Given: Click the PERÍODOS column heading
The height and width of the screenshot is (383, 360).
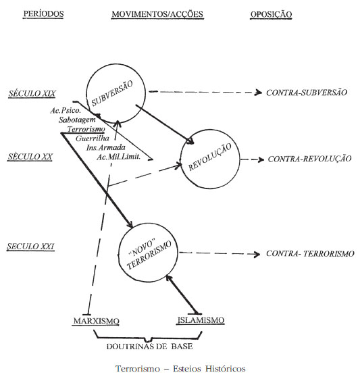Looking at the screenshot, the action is [x=43, y=14].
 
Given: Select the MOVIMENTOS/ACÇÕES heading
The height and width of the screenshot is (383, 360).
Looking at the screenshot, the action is [x=157, y=14].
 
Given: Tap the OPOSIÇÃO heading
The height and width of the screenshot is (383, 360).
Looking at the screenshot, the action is [x=271, y=14].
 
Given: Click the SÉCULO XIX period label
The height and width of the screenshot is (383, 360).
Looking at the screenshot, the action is [x=32, y=93].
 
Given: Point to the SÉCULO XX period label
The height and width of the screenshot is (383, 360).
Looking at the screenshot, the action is [x=30, y=156].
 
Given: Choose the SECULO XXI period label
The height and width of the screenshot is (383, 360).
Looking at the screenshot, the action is [x=30, y=246].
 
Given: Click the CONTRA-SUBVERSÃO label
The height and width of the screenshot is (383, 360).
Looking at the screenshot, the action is [x=307, y=93].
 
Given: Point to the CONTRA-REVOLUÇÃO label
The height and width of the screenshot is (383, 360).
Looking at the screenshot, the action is [x=309, y=159].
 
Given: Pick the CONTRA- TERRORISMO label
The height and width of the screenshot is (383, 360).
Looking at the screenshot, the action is [x=310, y=253].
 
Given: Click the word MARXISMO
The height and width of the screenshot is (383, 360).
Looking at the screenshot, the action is [x=97, y=321].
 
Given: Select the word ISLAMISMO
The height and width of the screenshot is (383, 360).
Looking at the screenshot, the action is [x=201, y=320].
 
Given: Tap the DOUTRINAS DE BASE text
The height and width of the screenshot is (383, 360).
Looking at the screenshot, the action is [x=149, y=347].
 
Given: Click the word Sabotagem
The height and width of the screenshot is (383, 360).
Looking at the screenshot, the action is [x=77, y=120].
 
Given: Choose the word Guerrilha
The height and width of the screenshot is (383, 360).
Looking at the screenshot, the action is [x=93, y=138].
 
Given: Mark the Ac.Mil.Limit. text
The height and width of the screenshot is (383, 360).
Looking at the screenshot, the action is [x=119, y=157].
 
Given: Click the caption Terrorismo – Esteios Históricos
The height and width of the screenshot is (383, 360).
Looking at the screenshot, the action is [x=180, y=369].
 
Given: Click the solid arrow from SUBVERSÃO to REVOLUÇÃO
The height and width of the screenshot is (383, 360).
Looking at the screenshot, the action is [x=165, y=124].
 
